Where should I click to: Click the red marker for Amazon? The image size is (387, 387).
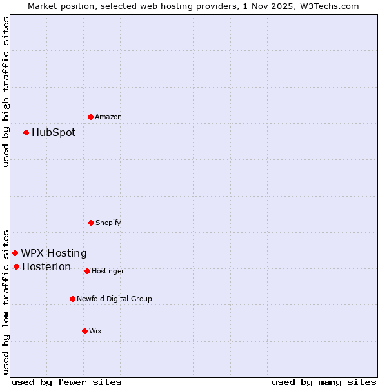pos(91,117)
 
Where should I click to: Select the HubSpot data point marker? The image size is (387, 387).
pos(26,132)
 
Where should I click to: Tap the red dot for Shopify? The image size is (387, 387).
pos(91,223)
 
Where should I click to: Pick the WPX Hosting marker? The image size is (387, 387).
pos(15,253)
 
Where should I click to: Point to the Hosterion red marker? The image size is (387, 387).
pos(16,266)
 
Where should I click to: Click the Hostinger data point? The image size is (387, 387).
pos(87,271)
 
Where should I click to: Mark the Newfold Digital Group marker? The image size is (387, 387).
pos(72,299)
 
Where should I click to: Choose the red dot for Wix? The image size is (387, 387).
pos(84,331)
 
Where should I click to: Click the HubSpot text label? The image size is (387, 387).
pos(54,133)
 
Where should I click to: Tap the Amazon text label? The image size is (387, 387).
pos(108,117)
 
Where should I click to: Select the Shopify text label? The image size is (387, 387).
pos(108,223)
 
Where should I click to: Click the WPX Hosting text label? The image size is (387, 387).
pos(54,253)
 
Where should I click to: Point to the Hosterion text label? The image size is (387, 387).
pos(46,267)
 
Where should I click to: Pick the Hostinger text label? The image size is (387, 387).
pos(108,272)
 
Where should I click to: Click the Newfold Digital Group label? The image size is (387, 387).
pos(114,299)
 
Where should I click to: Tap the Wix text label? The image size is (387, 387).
pos(95,332)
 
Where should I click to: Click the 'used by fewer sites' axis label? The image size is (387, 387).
pos(66,382)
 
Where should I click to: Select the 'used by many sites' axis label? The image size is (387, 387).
pos(324,382)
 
